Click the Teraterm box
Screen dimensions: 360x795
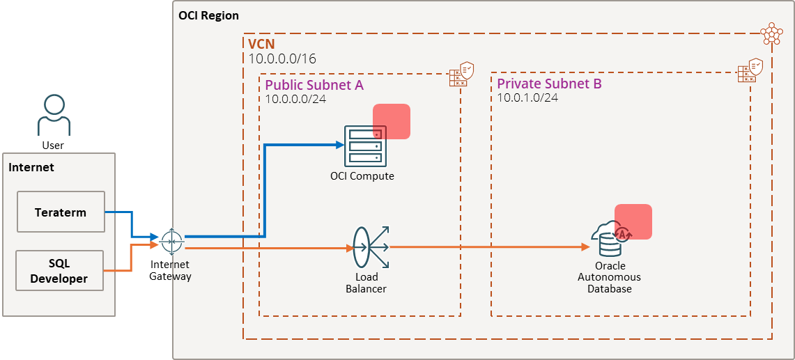click(60, 212)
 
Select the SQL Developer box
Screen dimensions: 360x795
click(60, 271)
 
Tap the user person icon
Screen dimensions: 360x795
click(54, 116)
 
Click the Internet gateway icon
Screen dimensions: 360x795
click(171, 242)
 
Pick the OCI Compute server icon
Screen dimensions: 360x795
click(362, 146)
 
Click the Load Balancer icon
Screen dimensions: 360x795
click(369, 247)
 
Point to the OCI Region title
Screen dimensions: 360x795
click(208, 15)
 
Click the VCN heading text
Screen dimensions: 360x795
click(261, 44)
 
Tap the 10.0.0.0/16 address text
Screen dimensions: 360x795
click(282, 58)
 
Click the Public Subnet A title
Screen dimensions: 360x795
click(314, 85)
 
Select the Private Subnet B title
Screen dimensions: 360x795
click(549, 84)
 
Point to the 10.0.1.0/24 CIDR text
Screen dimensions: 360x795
click(527, 97)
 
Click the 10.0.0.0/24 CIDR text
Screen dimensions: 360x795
click(296, 99)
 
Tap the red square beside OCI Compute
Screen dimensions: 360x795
click(392, 121)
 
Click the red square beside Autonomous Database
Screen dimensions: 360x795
click(633, 221)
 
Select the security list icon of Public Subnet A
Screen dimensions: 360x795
click(462, 74)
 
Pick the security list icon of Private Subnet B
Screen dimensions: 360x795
click(750, 71)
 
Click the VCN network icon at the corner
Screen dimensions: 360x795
click(771, 33)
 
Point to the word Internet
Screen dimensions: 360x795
click(31, 167)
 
